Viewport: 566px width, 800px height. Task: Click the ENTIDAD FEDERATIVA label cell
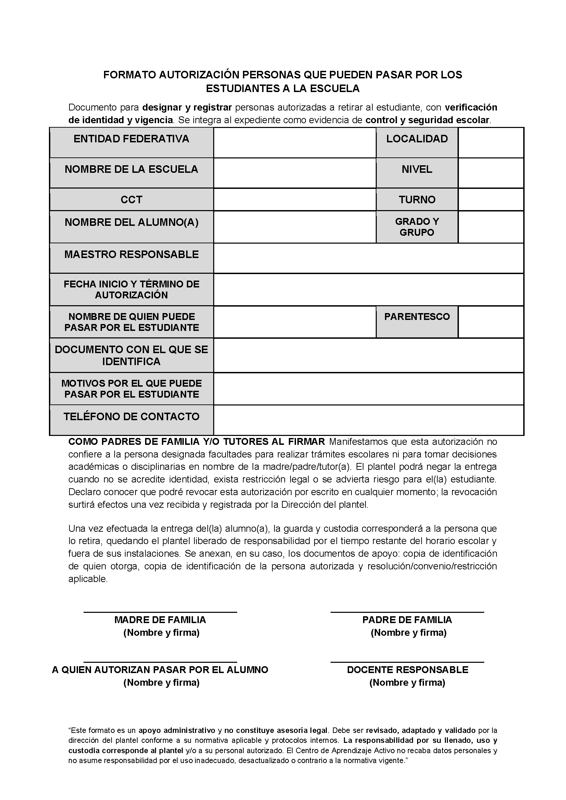[131, 142]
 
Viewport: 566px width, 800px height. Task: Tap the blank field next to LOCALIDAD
[491, 142]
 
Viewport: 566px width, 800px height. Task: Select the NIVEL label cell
[417, 173]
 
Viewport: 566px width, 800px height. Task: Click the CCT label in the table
[131, 199]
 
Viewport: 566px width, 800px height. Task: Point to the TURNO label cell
[417, 199]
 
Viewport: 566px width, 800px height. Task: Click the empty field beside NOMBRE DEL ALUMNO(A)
[295, 227]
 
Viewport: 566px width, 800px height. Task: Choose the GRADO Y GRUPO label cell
[417, 227]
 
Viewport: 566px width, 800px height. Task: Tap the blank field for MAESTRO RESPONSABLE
[369, 258]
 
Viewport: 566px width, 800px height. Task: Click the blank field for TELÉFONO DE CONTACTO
[369, 420]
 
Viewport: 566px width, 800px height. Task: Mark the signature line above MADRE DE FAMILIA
[160, 611]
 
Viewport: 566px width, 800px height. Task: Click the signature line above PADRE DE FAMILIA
[407, 611]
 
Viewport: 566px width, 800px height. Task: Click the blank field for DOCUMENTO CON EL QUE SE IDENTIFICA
[369, 355]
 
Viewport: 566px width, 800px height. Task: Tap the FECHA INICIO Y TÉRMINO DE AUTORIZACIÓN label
[131, 289]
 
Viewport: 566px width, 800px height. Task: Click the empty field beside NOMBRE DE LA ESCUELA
[295, 173]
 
